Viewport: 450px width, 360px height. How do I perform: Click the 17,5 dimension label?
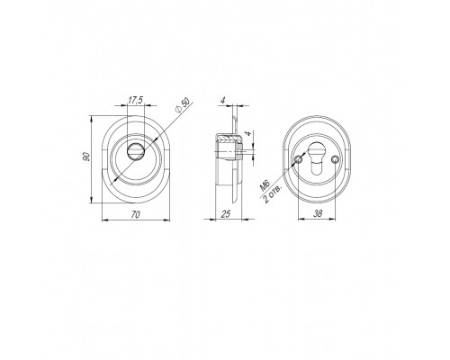click(x=135, y=101)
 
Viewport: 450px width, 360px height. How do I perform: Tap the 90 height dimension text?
click(x=86, y=157)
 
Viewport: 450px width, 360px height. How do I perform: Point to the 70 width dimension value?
click(x=136, y=214)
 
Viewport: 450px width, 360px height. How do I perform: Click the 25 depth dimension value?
click(x=226, y=214)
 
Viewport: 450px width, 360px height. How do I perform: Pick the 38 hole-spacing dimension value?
click(x=318, y=213)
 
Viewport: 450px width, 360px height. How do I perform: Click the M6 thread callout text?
click(x=265, y=186)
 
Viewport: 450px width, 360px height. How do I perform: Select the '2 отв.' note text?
click(x=273, y=194)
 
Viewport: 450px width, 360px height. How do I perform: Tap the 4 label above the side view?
click(x=222, y=101)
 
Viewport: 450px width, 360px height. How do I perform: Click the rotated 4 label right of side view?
click(x=247, y=133)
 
